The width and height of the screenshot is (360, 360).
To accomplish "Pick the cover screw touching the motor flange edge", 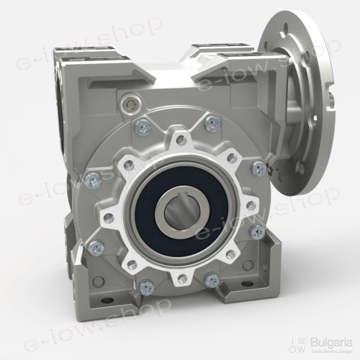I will click(259, 168).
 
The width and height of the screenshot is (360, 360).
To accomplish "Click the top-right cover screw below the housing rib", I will click(212, 124).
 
